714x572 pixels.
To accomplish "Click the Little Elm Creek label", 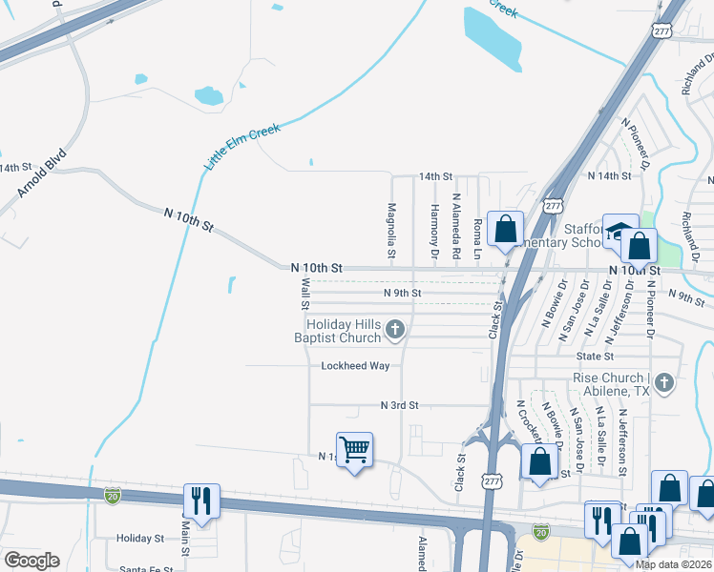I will pos(241,148).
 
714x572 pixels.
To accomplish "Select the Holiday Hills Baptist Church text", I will pos(337,331).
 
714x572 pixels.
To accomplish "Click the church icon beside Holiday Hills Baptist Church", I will pos(395,331).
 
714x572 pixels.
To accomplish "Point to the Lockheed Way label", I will pos(355,366).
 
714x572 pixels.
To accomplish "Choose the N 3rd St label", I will pos(400,405).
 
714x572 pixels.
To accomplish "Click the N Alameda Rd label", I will pos(456,230).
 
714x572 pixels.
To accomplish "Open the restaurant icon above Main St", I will pos(201,498).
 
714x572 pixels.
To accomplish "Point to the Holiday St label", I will pos(140,539).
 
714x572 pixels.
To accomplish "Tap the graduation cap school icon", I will pos(619,231).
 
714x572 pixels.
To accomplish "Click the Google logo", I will pos(31,560).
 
